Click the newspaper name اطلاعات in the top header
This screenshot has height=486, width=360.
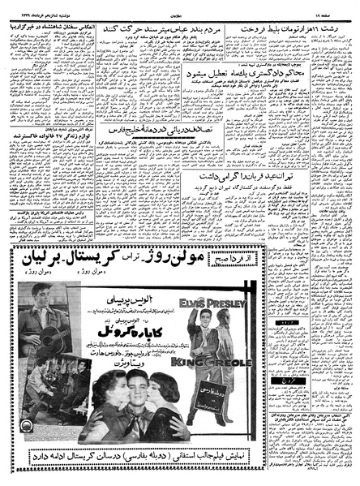pyautogui.click(x=181, y=13)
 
